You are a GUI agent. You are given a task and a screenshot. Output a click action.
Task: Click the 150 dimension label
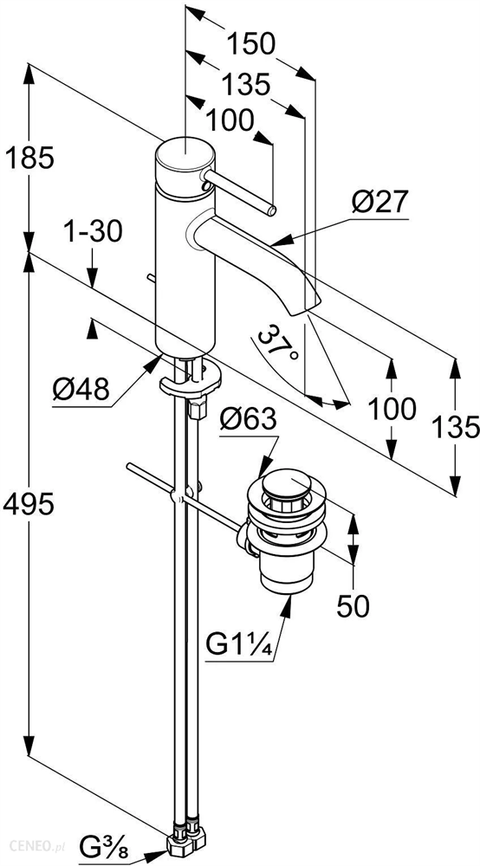coord(251,44)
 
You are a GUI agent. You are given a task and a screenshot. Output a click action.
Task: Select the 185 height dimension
coord(29,158)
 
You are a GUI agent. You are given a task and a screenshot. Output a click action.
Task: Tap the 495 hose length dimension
coord(29,504)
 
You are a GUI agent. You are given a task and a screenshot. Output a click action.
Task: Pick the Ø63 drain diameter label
coord(248,421)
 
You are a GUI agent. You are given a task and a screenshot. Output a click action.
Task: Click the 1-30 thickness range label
coord(92,232)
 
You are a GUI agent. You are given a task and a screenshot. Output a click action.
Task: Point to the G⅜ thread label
coord(104,848)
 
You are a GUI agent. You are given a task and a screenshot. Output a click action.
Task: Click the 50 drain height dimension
coord(353,606)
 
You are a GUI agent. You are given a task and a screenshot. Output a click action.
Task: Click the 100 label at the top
coord(230,120)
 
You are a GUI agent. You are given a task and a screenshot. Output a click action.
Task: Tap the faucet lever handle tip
coord(271,210)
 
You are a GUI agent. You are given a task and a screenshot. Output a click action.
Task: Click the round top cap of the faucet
coord(184,155)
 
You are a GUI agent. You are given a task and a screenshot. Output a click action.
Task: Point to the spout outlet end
coord(306,306)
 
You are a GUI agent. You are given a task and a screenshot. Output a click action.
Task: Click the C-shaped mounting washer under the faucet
coord(190,383)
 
